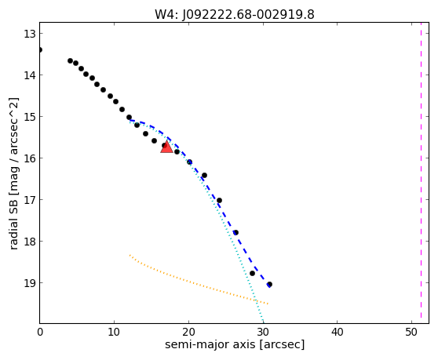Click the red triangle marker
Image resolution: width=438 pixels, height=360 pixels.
[166, 147]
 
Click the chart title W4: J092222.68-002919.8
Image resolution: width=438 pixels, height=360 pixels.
[235, 15]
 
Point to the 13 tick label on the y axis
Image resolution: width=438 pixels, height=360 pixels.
[30, 34]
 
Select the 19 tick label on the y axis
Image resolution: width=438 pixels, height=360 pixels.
[30, 283]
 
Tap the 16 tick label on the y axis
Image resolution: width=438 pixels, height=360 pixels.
[30, 158]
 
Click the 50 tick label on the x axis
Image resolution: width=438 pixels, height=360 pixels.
[411, 332]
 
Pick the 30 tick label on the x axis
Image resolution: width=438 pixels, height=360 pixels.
[263, 332]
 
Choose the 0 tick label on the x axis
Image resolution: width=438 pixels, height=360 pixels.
[40, 332]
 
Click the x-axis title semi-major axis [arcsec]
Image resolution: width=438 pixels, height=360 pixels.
[235, 344]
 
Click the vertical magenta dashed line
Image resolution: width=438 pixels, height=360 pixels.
[421, 173]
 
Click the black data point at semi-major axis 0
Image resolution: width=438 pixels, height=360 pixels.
[40, 50]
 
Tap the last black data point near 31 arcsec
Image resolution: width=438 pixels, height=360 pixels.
[269, 285]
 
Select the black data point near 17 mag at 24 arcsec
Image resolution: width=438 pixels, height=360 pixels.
[219, 200]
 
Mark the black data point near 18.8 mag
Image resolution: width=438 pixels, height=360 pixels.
[252, 273]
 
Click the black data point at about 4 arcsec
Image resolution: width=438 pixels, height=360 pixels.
[70, 61]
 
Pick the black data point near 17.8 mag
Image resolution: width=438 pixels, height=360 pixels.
[235, 232]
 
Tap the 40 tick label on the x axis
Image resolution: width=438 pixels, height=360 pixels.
[338, 332]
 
